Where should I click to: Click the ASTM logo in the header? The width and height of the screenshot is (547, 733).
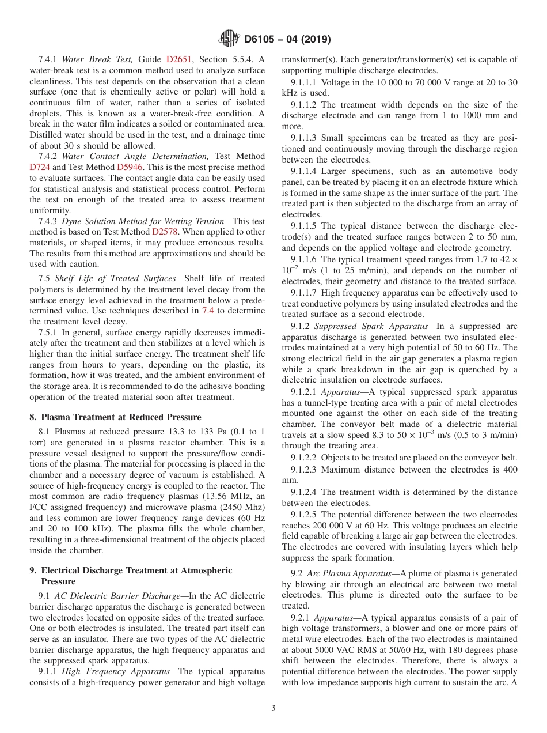click(229, 39)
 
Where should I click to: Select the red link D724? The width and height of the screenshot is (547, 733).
click(39, 167)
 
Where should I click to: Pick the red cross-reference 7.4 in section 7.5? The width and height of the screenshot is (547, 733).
click(208, 311)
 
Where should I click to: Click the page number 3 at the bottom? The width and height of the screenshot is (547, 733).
click(273, 708)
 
